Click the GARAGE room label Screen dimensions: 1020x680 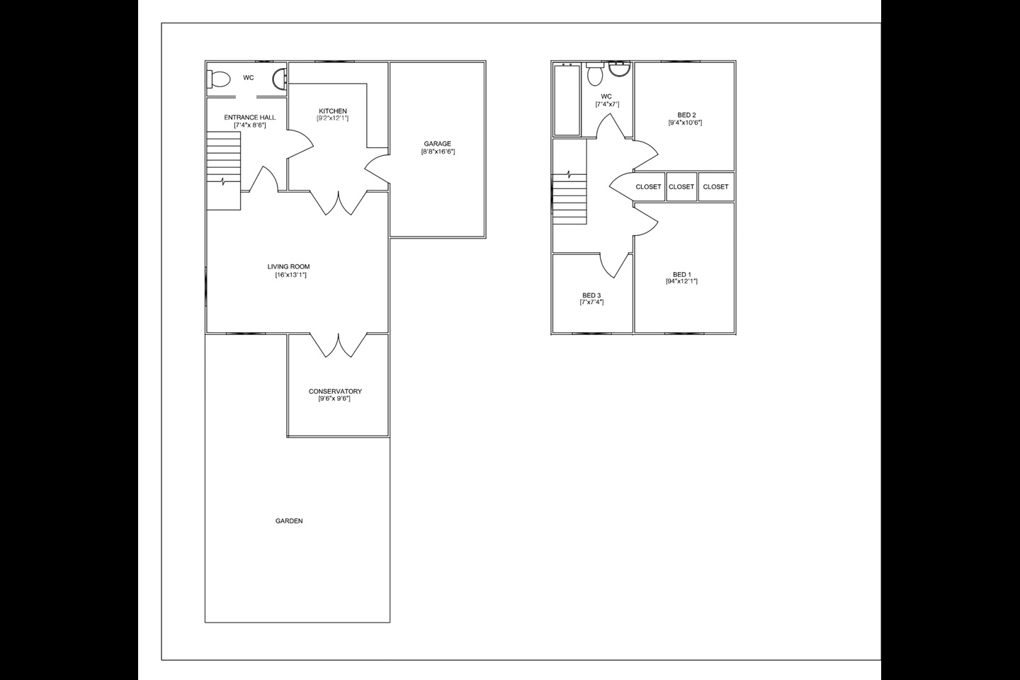click(x=438, y=144)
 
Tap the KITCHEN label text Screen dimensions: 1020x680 click(x=333, y=111)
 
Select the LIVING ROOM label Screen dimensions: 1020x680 click(x=289, y=267)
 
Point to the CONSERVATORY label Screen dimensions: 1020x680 click(x=335, y=391)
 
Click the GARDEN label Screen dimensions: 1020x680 click(x=289, y=521)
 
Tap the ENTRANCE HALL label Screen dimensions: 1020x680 click(x=250, y=118)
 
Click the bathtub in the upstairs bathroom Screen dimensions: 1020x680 click(x=567, y=99)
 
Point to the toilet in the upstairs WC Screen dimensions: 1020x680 click(x=595, y=74)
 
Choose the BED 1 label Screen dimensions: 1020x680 click(x=682, y=275)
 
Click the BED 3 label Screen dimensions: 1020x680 click(x=591, y=295)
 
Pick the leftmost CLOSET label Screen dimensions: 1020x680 click(x=648, y=187)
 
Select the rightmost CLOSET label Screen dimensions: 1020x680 click(x=716, y=187)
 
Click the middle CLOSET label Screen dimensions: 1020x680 click(x=681, y=187)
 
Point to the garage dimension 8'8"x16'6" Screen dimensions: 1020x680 click(x=438, y=152)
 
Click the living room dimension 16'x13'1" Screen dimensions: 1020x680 click(x=291, y=275)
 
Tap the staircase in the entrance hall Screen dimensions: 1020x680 click(x=224, y=171)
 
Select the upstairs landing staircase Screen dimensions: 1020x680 click(x=569, y=198)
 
